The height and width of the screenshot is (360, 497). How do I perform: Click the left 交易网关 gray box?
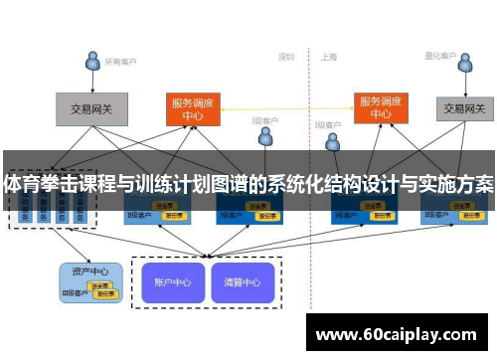(88, 108)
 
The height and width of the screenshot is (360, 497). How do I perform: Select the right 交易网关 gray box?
(464, 107)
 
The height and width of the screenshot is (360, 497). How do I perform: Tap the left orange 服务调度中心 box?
(193, 107)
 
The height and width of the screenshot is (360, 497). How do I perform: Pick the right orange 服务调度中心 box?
(382, 107)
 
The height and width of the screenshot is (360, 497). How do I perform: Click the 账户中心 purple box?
(173, 281)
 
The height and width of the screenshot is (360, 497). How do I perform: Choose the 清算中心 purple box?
(242, 281)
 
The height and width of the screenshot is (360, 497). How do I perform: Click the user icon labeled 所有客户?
(92, 61)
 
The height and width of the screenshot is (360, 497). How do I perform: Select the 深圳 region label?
(286, 57)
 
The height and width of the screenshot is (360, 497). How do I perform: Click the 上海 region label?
(329, 57)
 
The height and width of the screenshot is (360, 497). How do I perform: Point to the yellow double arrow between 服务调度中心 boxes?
(287, 106)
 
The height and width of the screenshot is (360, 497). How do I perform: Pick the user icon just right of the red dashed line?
(332, 143)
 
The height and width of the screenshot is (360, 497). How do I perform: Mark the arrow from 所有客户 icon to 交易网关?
(91, 83)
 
